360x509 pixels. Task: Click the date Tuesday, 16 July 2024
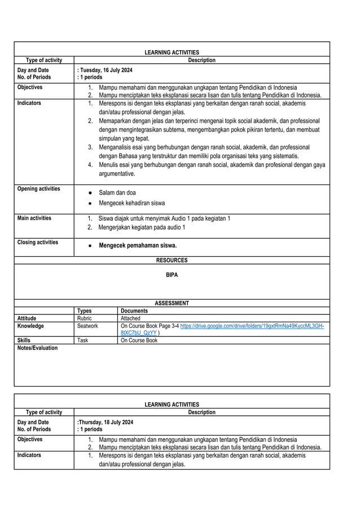[105, 69]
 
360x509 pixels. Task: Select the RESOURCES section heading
[172, 260]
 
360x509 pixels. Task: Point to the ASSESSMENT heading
[172, 303]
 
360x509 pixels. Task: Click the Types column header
[84, 310]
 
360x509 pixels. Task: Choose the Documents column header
[134, 310]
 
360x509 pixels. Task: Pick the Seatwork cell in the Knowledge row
[87, 326]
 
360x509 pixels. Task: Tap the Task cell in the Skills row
[83, 340]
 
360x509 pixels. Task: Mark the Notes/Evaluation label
[37, 348]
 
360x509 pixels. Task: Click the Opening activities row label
[38, 188]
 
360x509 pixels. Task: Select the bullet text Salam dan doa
[117, 192]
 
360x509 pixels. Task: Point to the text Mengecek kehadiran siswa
[131, 203]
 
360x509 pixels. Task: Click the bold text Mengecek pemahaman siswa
[138, 245]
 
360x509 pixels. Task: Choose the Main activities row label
[34, 218]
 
